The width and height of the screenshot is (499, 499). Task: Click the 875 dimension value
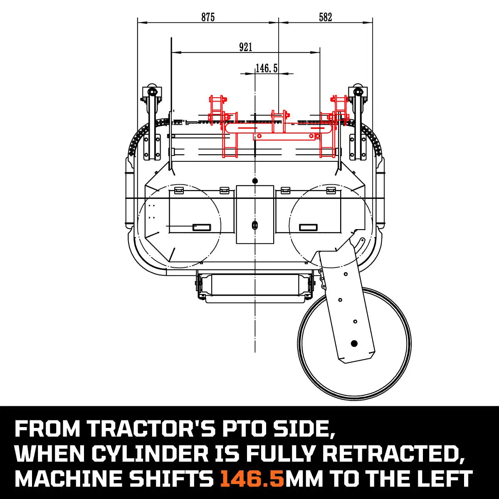[x=208, y=17]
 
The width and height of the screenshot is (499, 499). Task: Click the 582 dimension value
[x=325, y=17]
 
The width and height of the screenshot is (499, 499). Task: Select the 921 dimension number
[x=245, y=47]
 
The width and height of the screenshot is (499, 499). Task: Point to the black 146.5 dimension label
[x=266, y=68]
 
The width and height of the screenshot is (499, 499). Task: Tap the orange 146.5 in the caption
[x=252, y=479]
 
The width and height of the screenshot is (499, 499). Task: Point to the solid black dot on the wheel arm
[x=354, y=343]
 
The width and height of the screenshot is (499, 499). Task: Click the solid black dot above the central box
[x=255, y=180]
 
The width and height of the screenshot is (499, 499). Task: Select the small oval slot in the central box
[x=254, y=225]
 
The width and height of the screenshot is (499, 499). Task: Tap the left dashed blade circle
[x=179, y=225]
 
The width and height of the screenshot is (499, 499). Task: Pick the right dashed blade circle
[x=330, y=225]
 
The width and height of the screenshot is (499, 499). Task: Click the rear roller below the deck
[x=254, y=286]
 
